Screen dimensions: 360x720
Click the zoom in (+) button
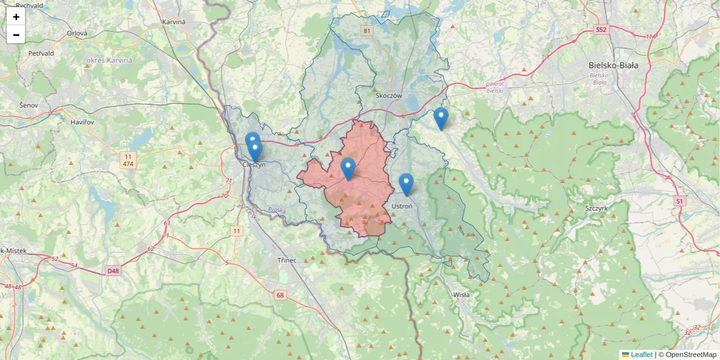click(x=16, y=17)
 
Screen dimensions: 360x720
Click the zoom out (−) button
click(x=16, y=35)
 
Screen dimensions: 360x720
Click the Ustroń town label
click(x=401, y=206)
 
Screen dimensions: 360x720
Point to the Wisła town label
click(x=461, y=295)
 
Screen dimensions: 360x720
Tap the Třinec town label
click(x=287, y=260)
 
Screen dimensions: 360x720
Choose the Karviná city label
click(x=173, y=22)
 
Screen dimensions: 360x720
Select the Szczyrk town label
click(x=597, y=208)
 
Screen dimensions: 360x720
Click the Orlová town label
click(x=77, y=34)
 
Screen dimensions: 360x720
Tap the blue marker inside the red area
click(x=347, y=168)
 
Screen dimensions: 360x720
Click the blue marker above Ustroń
click(x=406, y=184)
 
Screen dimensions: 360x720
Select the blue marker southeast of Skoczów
click(x=441, y=118)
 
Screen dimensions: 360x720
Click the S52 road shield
click(x=601, y=29)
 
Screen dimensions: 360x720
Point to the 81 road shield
click(x=367, y=30)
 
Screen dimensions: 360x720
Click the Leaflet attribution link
click(x=641, y=355)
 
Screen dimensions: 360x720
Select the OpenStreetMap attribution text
click(x=688, y=355)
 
